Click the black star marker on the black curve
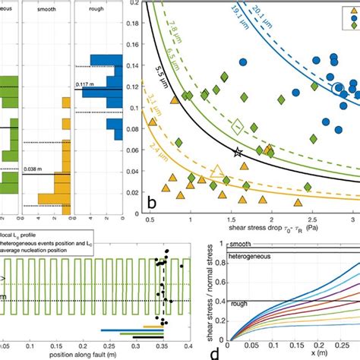238,153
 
